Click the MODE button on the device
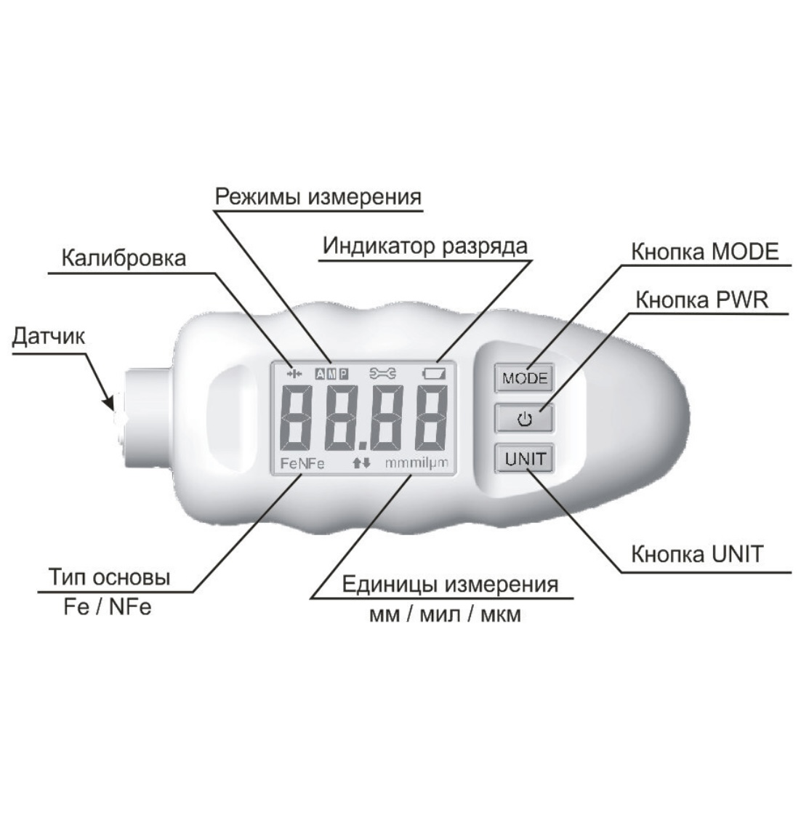[x=524, y=378]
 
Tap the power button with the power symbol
[x=524, y=419]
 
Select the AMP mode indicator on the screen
[x=331, y=374]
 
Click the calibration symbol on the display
[x=294, y=374]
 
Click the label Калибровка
[x=123, y=258]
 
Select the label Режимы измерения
[x=318, y=196]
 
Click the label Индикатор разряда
[x=425, y=246]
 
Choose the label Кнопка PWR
[x=701, y=300]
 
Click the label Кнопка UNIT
[x=697, y=554]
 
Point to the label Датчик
[x=48, y=337]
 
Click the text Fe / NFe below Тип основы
[x=108, y=607]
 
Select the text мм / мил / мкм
[x=445, y=615]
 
